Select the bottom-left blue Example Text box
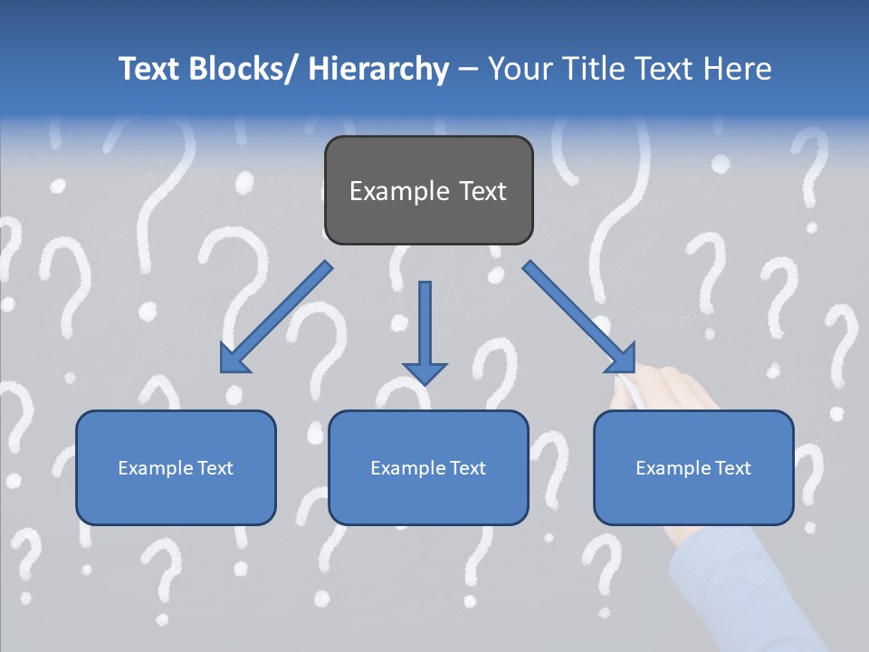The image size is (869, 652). (x=176, y=498)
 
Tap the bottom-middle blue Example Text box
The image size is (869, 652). (x=428, y=498)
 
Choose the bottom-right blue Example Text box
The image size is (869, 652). (x=693, y=498)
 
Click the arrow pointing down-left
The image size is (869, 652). (x=276, y=317)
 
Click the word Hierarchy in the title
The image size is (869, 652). (x=378, y=70)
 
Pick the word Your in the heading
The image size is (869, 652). (x=520, y=70)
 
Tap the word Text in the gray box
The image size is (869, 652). (x=481, y=191)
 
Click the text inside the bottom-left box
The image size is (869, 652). (x=176, y=468)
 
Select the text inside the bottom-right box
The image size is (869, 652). (x=693, y=468)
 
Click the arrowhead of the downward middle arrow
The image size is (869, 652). (x=425, y=372)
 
